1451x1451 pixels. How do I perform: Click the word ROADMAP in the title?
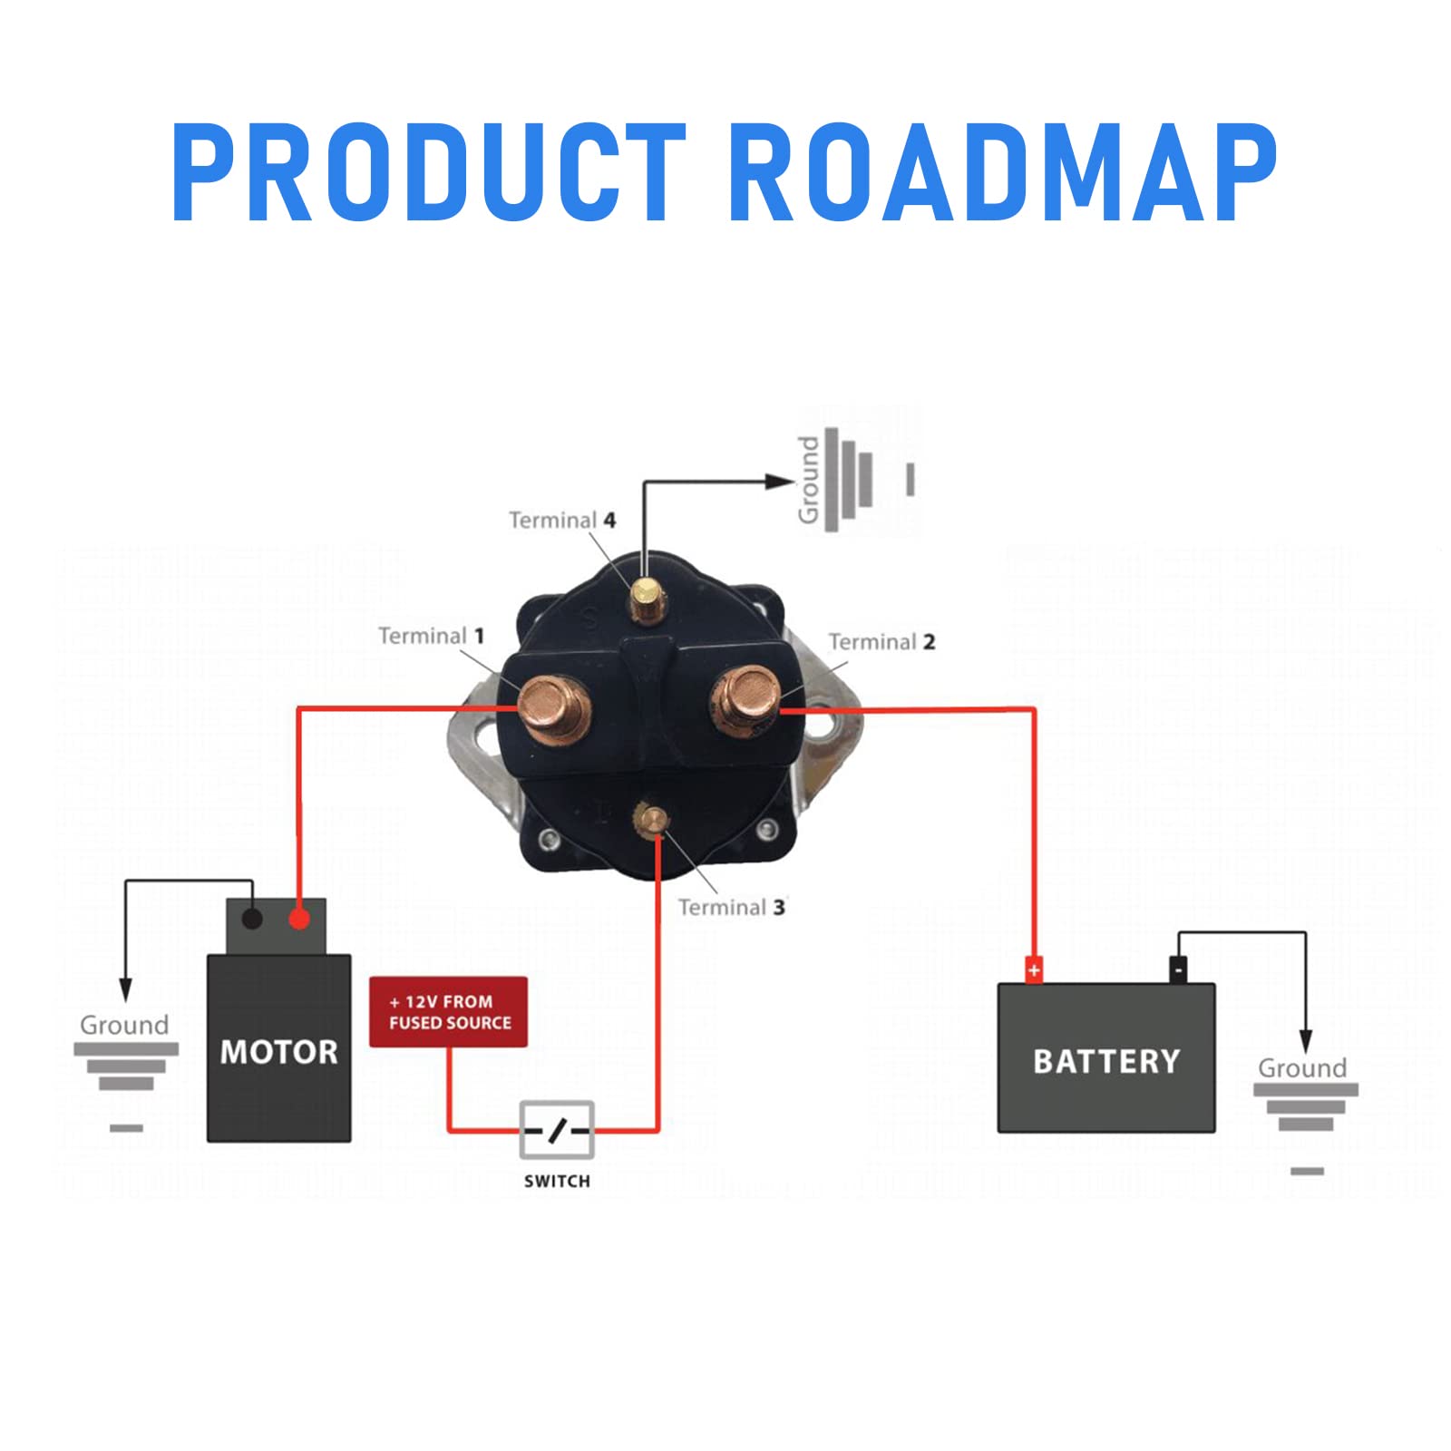point(1002,172)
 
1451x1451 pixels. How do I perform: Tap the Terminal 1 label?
point(431,636)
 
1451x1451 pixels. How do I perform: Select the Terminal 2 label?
point(881,642)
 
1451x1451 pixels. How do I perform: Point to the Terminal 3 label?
point(731,908)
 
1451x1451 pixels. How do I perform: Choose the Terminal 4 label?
point(562,521)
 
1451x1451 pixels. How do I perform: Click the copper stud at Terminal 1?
point(554,708)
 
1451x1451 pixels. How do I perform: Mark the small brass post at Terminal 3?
point(652,820)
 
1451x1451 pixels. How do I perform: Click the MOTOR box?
point(278,1050)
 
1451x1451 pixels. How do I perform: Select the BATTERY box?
point(1105,1059)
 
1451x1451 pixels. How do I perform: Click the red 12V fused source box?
point(448,1012)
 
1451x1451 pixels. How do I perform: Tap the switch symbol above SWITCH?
point(557,1130)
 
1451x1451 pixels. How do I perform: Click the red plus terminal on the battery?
point(1033,970)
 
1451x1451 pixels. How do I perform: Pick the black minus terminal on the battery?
point(1178,969)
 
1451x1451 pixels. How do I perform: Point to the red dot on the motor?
point(299,920)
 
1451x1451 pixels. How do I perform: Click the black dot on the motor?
point(252,920)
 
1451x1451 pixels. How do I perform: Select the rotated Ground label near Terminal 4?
point(808,481)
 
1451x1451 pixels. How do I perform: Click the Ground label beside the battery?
point(1301,1068)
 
